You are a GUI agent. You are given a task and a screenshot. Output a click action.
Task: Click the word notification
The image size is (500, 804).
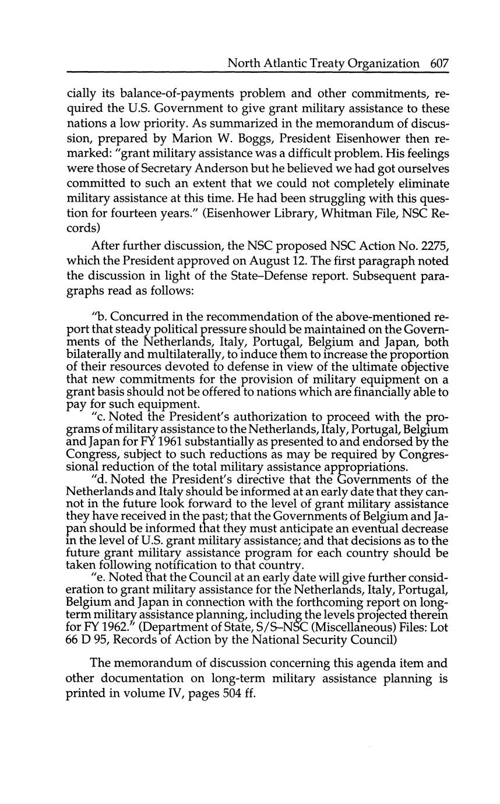click(223, 566)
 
